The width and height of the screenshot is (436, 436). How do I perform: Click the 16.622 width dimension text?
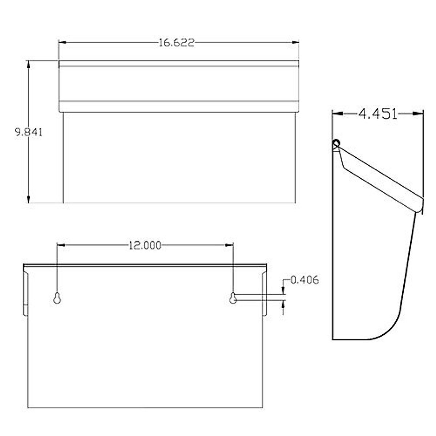click(x=177, y=43)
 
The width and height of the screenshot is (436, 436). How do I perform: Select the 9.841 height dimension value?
click(x=28, y=132)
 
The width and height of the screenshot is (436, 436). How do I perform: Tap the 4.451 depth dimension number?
click(x=378, y=114)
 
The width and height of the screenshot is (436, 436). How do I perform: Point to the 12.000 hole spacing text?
click(x=145, y=246)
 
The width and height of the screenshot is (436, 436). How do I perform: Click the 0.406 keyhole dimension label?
click(x=304, y=280)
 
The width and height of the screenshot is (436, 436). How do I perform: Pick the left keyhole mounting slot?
click(x=57, y=298)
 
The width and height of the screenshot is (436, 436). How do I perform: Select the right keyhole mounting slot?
click(x=233, y=298)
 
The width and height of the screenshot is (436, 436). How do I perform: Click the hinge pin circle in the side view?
click(x=336, y=143)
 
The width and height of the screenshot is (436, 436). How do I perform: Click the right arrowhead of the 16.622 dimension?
click(x=295, y=43)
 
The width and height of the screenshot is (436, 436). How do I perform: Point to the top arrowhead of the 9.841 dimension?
click(x=28, y=64)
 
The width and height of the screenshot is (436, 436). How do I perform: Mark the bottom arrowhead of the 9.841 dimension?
click(x=28, y=199)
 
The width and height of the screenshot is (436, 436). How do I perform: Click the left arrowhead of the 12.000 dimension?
click(x=61, y=246)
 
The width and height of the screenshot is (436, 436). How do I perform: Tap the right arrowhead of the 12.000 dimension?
click(x=229, y=246)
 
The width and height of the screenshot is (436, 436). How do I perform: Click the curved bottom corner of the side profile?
click(x=385, y=331)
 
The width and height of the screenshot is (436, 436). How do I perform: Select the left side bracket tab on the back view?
click(x=25, y=292)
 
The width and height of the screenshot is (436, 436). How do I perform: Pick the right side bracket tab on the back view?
click(x=265, y=292)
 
